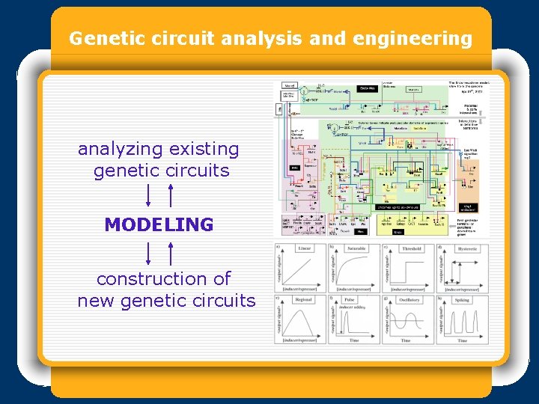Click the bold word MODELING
pyautogui.click(x=159, y=224)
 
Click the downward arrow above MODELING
pyautogui.click(x=149, y=196)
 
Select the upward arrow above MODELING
pyautogui.click(x=171, y=196)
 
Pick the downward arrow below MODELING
pyautogui.click(x=149, y=253)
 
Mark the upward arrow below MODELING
pyautogui.click(x=171, y=253)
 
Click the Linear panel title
pyautogui.click(x=305, y=248)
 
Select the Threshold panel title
pyautogui.click(x=411, y=248)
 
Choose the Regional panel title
pyautogui.click(x=305, y=299)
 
